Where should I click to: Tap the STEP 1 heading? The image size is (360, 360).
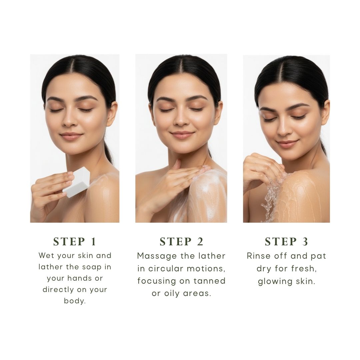pyautogui.click(x=75, y=242)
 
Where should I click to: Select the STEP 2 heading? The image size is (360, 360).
pyautogui.click(x=181, y=242)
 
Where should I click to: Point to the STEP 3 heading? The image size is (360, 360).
pyautogui.click(x=286, y=242)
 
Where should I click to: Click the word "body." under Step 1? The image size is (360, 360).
pyautogui.click(x=75, y=301)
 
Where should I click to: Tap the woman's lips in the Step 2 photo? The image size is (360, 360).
pyautogui.click(x=182, y=134)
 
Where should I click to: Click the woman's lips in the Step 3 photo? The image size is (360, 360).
pyautogui.click(x=287, y=144)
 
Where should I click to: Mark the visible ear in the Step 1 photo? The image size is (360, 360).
pyautogui.click(x=112, y=113)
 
